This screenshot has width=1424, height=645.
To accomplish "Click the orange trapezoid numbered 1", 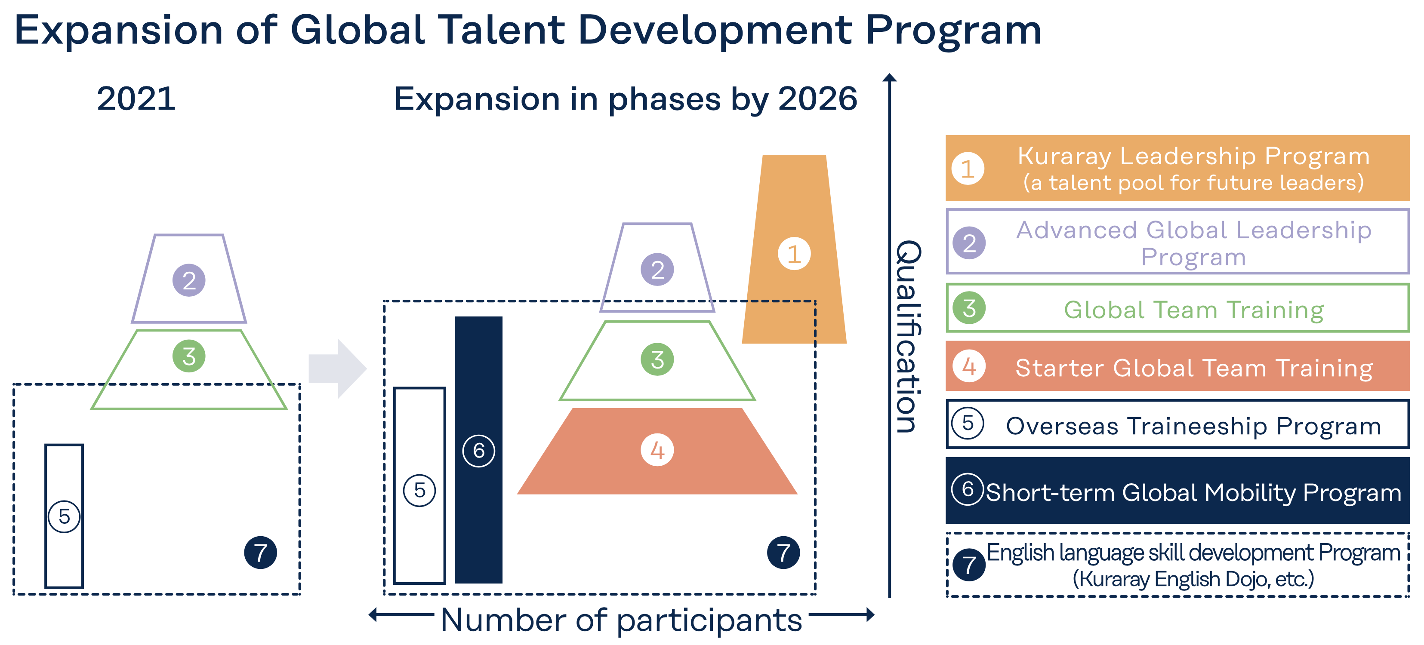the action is [x=794, y=298].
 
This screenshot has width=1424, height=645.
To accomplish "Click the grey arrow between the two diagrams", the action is [x=337, y=369].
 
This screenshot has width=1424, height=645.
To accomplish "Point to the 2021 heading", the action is [x=136, y=99].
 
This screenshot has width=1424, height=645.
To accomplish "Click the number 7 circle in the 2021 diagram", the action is [x=260, y=552].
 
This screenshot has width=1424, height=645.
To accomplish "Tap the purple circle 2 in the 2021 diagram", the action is [x=189, y=280].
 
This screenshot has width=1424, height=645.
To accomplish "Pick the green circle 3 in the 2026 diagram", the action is [x=657, y=359].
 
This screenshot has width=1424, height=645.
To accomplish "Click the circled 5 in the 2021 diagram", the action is [x=64, y=516].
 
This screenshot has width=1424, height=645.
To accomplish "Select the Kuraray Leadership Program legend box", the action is [x=1177, y=168].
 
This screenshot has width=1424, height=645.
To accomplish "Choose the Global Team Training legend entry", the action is [x=1177, y=308].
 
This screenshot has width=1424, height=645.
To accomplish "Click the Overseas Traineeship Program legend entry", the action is [x=1177, y=424].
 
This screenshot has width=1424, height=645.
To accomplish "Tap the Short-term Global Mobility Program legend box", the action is [x=1177, y=490].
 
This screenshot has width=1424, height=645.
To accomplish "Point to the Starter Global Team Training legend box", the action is [x=1177, y=366].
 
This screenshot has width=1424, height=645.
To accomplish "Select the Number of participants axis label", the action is [x=621, y=620].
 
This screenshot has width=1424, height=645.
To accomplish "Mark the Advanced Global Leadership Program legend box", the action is [x=1177, y=242].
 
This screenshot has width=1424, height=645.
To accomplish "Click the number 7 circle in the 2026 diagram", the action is [x=783, y=552].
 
